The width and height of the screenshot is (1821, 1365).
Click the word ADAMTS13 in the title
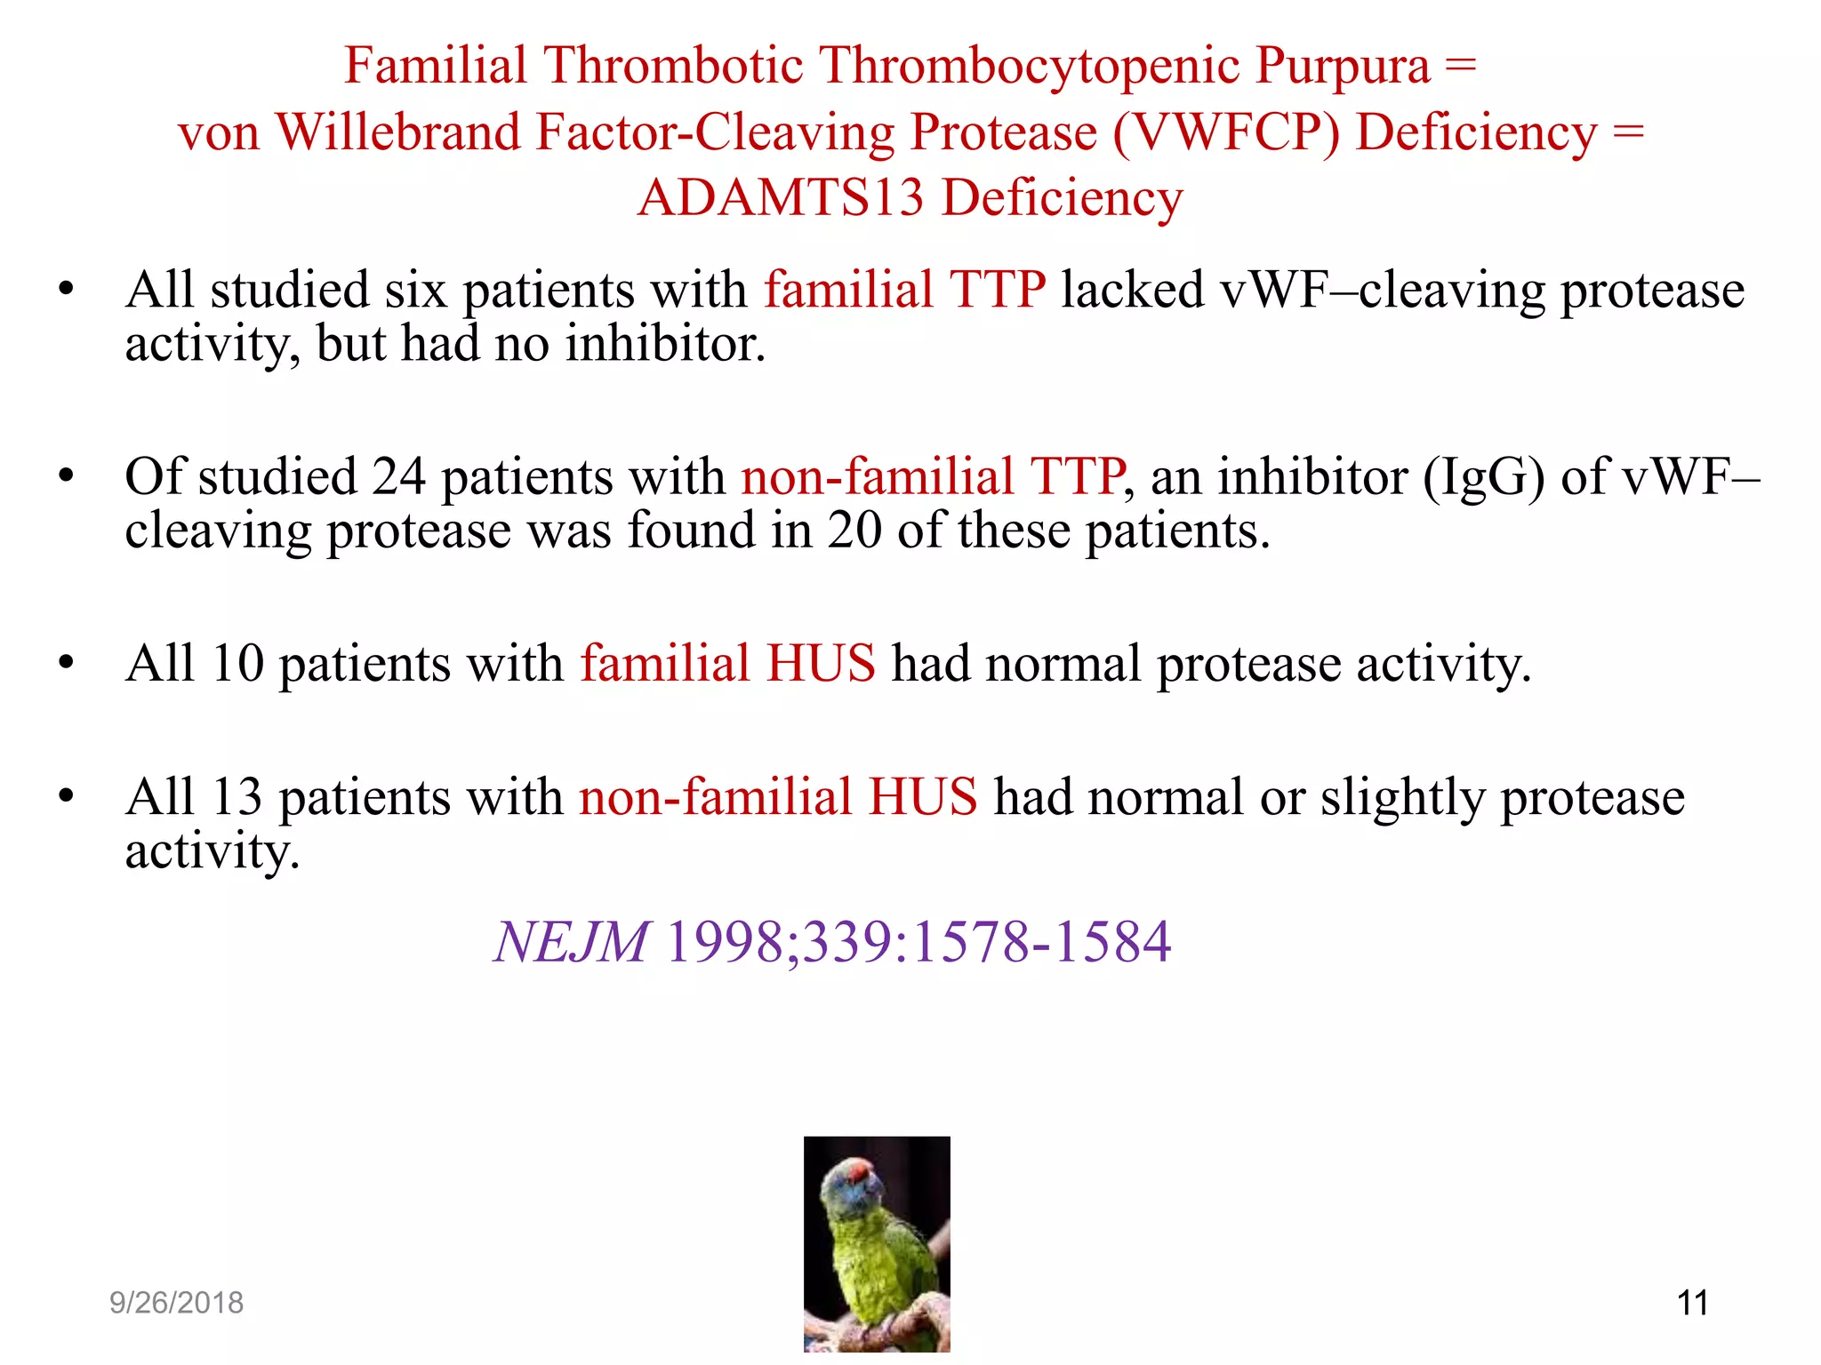tap(781, 197)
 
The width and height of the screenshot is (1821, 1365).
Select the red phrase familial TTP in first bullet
tap(904, 291)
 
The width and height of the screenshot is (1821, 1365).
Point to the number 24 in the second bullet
tap(398, 477)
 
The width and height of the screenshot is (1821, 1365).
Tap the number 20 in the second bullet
tap(854, 531)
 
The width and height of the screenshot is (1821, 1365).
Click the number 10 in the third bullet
tap(238, 664)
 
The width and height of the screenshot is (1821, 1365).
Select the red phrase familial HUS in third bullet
tap(728, 664)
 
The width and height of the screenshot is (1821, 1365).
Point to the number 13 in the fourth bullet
tap(237, 797)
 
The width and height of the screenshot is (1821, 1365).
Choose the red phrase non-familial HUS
tap(778, 797)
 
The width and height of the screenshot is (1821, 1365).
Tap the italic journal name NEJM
tap(572, 942)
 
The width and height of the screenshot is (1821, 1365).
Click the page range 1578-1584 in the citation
tap(1042, 942)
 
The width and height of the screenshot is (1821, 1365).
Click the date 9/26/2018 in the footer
tap(176, 1303)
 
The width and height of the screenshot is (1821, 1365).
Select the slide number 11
tap(1692, 1303)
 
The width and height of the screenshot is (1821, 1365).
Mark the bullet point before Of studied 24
tap(67, 477)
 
